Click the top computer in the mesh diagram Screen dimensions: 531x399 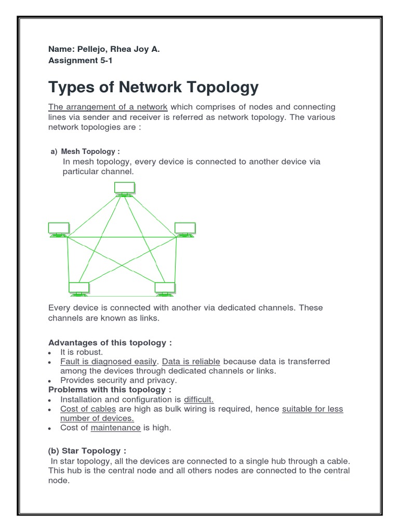(125, 189)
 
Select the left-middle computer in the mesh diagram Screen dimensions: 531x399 (58, 229)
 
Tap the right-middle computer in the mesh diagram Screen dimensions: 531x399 (185, 229)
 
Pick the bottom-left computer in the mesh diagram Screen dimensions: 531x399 (79, 288)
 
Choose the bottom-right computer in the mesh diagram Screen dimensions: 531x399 (164, 288)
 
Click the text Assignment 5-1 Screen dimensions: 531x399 (80, 60)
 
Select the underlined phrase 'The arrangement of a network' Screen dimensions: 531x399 (108, 107)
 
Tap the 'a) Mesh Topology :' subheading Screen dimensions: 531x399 (85, 151)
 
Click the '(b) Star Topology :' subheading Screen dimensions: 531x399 (87, 451)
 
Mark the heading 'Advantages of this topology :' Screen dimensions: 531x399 (110, 343)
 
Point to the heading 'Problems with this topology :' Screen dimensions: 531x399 (110, 389)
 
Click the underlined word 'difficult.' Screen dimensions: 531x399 (199, 399)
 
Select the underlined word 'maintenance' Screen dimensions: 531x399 (116, 428)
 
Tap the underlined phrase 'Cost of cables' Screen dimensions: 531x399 (86, 409)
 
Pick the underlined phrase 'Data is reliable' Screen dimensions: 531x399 (192, 361)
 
